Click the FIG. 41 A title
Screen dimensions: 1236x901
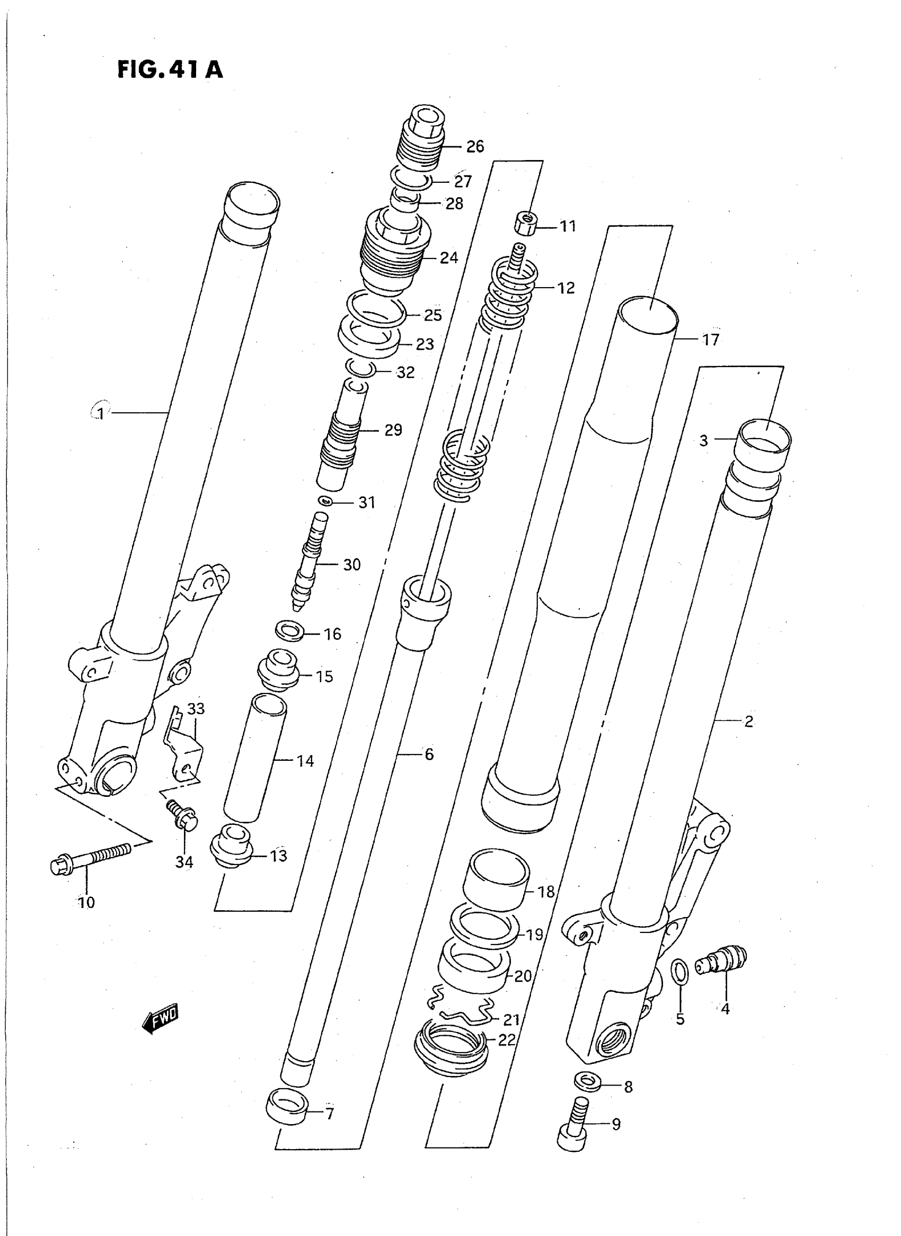(x=170, y=70)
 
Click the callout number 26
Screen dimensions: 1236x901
(x=474, y=146)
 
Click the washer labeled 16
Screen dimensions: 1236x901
(x=289, y=632)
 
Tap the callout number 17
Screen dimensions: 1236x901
(x=710, y=340)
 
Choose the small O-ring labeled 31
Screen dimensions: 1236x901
(x=325, y=500)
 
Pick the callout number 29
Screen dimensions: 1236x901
(x=393, y=430)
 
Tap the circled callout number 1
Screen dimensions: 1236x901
(x=100, y=413)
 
